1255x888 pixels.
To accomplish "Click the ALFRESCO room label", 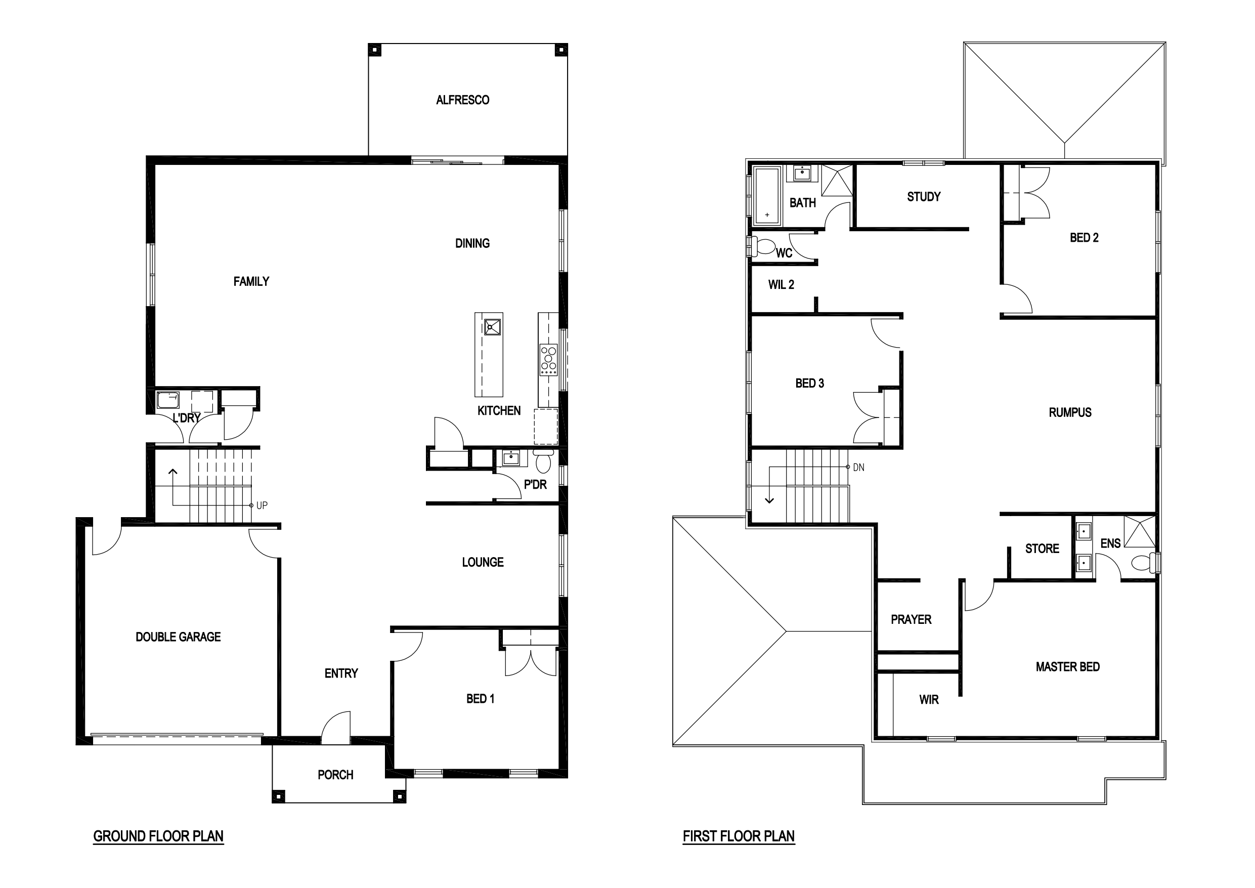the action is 462,100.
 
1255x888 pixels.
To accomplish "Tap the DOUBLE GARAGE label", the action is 178,637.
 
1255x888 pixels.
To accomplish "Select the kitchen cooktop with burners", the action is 548,359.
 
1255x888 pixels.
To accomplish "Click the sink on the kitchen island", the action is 492,326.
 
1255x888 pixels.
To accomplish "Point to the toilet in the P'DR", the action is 543,462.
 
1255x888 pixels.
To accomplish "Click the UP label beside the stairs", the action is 262,506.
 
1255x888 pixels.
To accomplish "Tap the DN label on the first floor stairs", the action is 859,468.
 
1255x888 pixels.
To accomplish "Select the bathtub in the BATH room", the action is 767,196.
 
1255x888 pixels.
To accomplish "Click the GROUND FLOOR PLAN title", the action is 158,836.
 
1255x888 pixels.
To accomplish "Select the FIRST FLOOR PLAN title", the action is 739,836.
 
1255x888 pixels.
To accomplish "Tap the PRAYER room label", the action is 911,619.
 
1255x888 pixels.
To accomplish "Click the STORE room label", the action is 1042,548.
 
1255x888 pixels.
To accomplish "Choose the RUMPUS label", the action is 1070,412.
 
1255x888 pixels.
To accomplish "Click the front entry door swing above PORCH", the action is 335,727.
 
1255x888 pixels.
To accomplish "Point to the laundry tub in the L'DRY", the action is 168,400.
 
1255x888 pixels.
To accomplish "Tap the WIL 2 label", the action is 781,284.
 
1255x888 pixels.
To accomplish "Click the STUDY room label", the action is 924,197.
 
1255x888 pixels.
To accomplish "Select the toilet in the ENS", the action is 1143,563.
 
